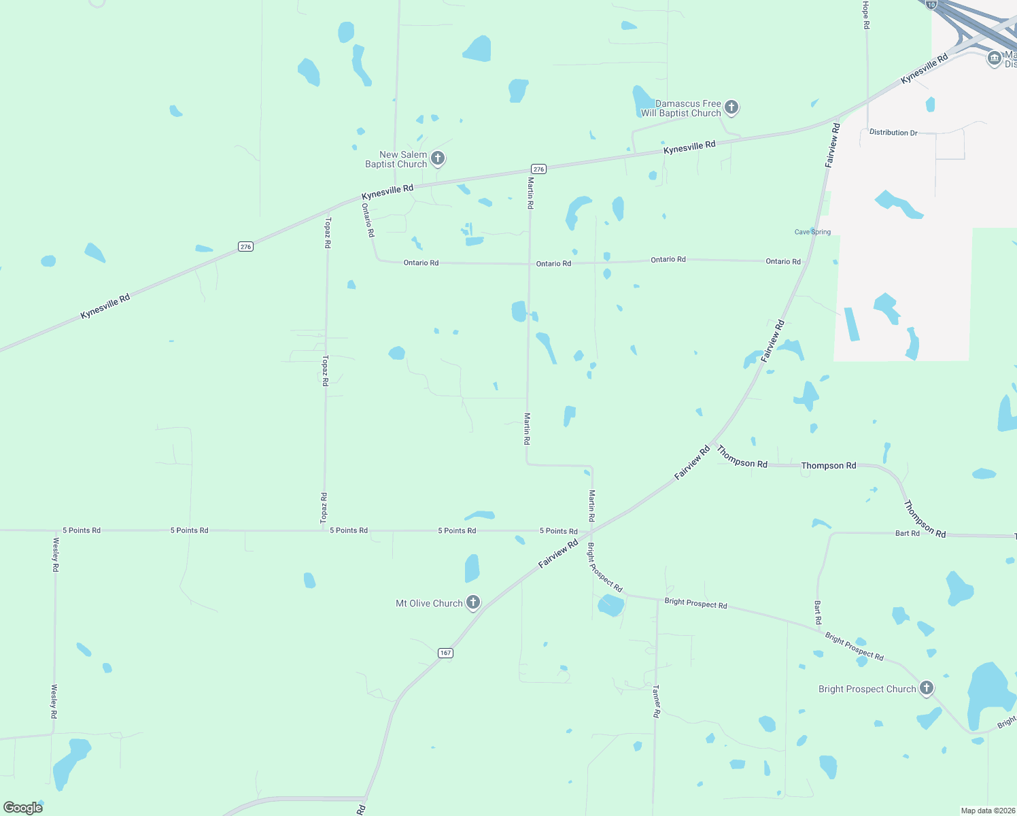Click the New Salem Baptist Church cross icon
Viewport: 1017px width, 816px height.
pos(438,159)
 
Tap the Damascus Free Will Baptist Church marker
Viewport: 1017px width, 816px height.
pos(731,107)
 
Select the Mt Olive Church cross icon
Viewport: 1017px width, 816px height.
pos(473,602)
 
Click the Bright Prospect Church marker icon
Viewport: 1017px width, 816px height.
pos(926,688)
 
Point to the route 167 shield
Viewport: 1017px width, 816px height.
pos(445,653)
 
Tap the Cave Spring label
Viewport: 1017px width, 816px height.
pos(812,232)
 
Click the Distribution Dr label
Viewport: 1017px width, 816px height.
pos(893,133)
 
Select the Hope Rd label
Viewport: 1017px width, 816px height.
pos(865,15)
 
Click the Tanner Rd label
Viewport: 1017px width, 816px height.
pos(656,701)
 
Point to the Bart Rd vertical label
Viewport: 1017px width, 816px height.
pos(818,612)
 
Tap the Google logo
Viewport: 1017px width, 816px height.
pos(23,807)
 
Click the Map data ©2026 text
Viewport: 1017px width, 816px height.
pos(987,811)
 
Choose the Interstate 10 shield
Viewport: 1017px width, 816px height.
pos(931,4)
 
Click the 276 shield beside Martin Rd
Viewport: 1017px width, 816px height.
pos(538,169)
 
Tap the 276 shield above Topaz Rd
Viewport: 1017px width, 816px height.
pos(245,247)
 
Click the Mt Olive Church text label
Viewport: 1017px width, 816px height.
pos(429,603)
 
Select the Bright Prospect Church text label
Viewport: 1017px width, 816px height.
pos(867,689)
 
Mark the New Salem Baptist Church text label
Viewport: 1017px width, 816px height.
pos(396,159)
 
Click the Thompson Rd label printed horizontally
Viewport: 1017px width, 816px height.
pos(828,466)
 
